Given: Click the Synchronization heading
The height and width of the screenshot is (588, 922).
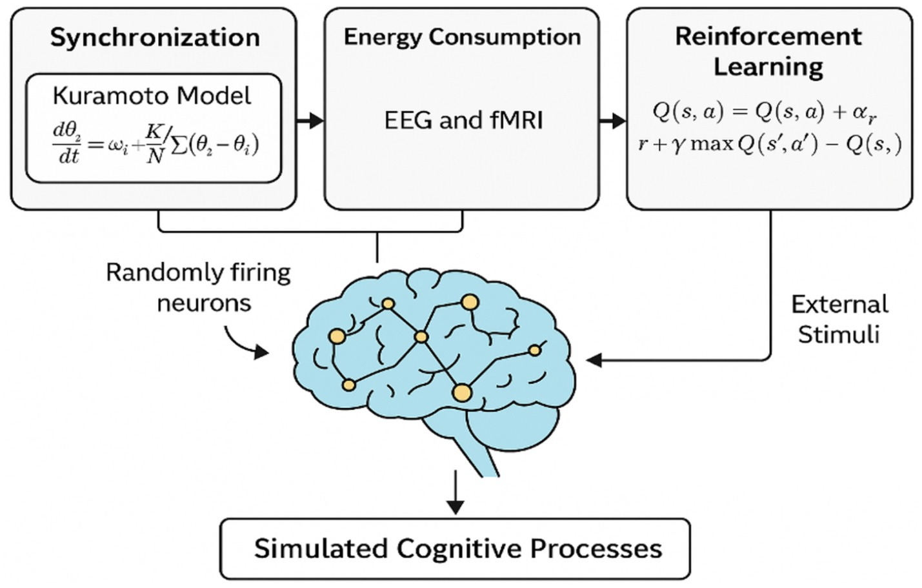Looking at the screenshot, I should pyautogui.click(x=155, y=37).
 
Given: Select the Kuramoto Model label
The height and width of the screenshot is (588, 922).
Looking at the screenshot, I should pyautogui.click(x=152, y=96).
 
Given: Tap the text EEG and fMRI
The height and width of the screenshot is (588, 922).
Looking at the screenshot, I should pyautogui.click(x=463, y=120).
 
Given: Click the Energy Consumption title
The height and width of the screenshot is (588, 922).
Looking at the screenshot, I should pyautogui.click(x=462, y=37).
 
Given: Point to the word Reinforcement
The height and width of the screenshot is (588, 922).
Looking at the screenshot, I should pyautogui.click(x=768, y=36).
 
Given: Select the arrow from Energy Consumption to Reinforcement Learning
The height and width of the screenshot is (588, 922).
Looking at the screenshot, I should pyautogui.click(x=613, y=120).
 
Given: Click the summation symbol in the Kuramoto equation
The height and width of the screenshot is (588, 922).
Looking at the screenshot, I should pyautogui.click(x=179, y=145).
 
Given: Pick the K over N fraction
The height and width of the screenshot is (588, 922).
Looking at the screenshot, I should pyautogui.click(x=154, y=144).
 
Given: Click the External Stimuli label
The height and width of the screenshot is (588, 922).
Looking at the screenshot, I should pyautogui.click(x=839, y=319).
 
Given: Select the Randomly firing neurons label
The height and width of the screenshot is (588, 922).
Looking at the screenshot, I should pyautogui.click(x=198, y=287).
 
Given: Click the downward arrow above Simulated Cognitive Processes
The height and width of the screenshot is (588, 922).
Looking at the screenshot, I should pyautogui.click(x=456, y=494).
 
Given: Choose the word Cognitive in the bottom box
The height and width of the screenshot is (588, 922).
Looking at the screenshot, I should pyautogui.click(x=459, y=549).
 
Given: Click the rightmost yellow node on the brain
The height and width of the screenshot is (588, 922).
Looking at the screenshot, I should pyautogui.click(x=534, y=350).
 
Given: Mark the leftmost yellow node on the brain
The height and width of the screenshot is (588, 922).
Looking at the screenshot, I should pyautogui.click(x=337, y=336).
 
